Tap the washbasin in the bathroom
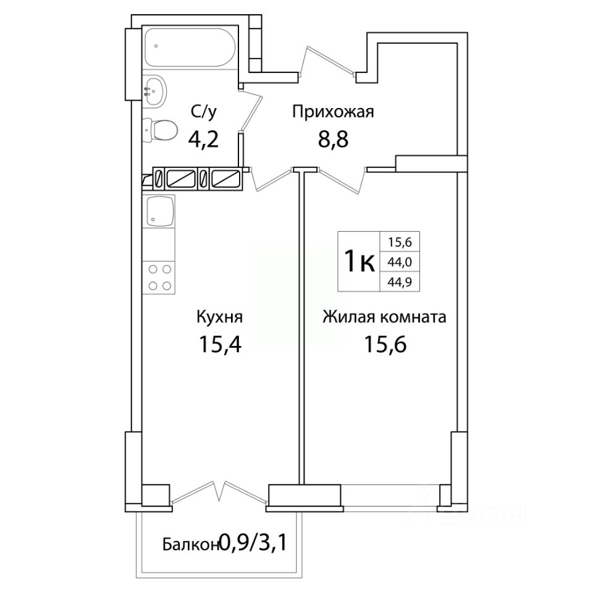(x=154, y=90)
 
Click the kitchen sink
(x=159, y=211)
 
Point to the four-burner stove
(x=159, y=277)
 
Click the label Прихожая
(x=333, y=112)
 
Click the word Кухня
(x=220, y=316)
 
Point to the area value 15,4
(x=220, y=344)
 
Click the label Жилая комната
(x=384, y=317)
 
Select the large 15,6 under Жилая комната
(x=385, y=344)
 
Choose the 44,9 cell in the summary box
(x=400, y=282)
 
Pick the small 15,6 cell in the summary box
(x=400, y=241)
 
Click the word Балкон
(x=191, y=545)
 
